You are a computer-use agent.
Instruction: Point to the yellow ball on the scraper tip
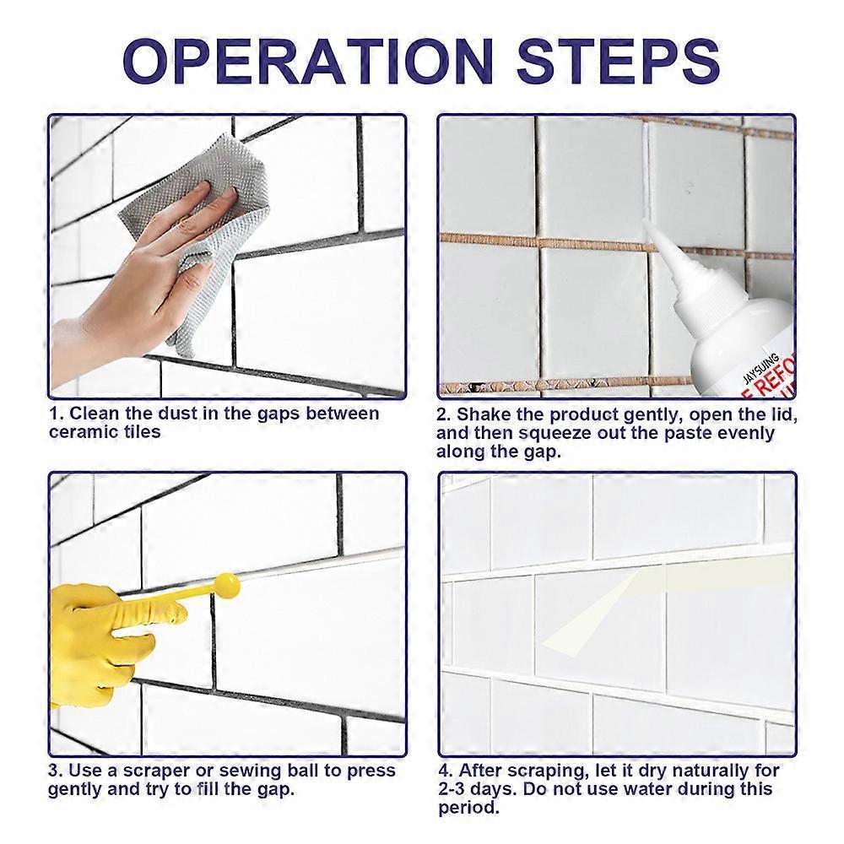[x=226, y=584]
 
